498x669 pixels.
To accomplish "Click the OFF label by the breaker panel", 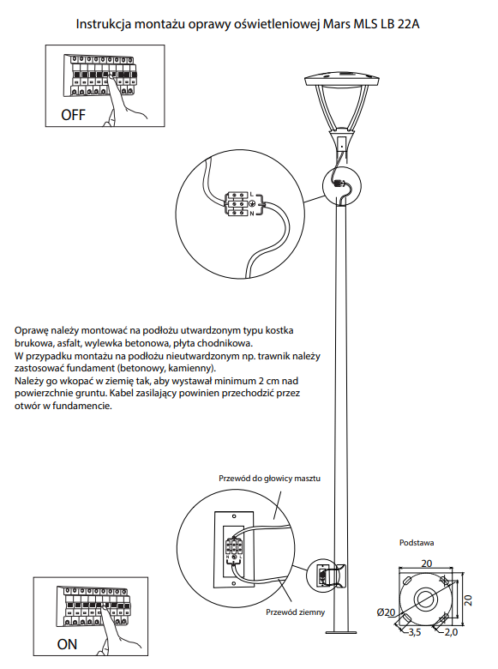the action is click(x=73, y=115).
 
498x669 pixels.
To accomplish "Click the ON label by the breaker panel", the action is click(x=67, y=644).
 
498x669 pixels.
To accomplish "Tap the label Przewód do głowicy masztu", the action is click(x=269, y=479).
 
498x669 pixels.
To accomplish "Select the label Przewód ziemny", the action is click(x=296, y=612).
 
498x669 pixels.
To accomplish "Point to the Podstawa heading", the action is click(x=417, y=543).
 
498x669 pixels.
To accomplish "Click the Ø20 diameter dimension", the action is click(x=386, y=612).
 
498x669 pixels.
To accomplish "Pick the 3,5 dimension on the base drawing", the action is click(x=415, y=632).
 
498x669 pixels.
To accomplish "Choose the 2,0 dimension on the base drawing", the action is click(x=451, y=632).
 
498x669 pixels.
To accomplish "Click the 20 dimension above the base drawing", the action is click(x=426, y=564).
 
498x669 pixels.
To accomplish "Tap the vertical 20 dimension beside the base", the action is click(x=468, y=600).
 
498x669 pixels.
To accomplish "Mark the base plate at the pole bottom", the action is click(x=341, y=632).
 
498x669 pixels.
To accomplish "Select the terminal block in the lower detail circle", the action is click(x=234, y=548).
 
